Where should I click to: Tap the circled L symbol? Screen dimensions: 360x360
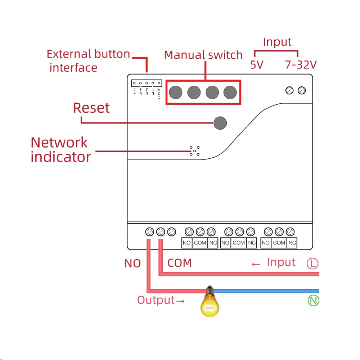[x=312, y=264]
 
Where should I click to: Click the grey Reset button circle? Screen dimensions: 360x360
[x=220, y=123]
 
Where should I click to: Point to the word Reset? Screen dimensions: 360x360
[x=91, y=108]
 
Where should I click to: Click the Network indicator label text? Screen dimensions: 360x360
[x=60, y=150]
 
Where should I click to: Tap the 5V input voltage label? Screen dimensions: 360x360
[x=257, y=65]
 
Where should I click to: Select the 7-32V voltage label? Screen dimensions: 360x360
[x=301, y=65]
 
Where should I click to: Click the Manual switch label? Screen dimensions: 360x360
[x=203, y=55]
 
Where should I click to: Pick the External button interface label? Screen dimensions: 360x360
[x=88, y=60]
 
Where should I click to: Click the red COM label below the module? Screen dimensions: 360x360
[x=179, y=263]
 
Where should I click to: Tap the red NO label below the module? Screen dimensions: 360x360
[x=132, y=264]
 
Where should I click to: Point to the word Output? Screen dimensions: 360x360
[x=156, y=300]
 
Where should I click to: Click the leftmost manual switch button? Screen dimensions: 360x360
[x=175, y=93]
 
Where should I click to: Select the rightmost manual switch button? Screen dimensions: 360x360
[x=230, y=93]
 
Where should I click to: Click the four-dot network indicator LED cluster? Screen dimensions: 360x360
[x=194, y=152]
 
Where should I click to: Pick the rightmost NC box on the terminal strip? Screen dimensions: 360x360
[x=292, y=243]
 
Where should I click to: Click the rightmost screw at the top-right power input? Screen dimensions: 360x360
[x=302, y=90]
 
